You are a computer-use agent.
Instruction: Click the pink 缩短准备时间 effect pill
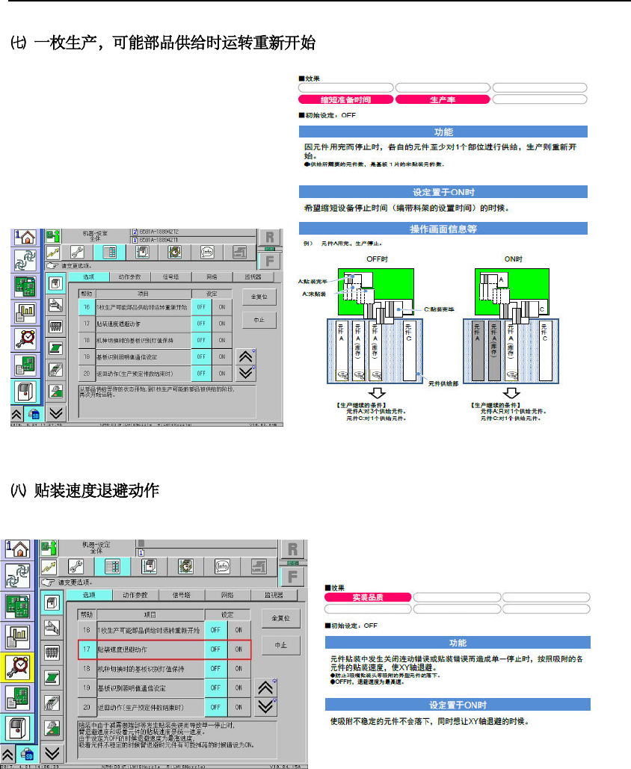[345, 99]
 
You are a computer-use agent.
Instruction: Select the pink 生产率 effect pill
[443, 99]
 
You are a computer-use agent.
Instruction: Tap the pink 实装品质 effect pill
[367, 597]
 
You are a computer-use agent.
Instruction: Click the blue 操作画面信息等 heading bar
[443, 228]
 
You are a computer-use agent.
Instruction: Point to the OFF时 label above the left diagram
[379, 259]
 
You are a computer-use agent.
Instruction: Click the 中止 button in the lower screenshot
[280, 645]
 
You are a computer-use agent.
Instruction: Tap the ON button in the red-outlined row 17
[238, 649]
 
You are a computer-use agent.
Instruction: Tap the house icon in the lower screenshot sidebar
[18, 551]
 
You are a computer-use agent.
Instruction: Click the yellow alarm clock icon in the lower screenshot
[18, 667]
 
